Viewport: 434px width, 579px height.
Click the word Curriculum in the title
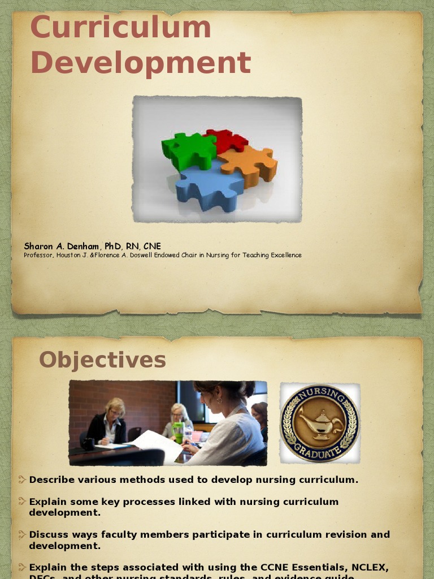pyautogui.click(x=120, y=28)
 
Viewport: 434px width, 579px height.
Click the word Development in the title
pyautogui.click(x=140, y=63)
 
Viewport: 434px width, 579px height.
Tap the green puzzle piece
pyautogui.click(x=188, y=150)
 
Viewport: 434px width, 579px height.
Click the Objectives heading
pyautogui.click(x=102, y=360)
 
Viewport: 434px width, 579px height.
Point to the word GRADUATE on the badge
pyautogui.click(x=320, y=451)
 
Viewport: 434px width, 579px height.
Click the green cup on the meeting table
pyautogui.click(x=178, y=433)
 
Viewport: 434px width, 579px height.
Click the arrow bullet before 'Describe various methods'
pyautogui.click(x=22, y=480)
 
